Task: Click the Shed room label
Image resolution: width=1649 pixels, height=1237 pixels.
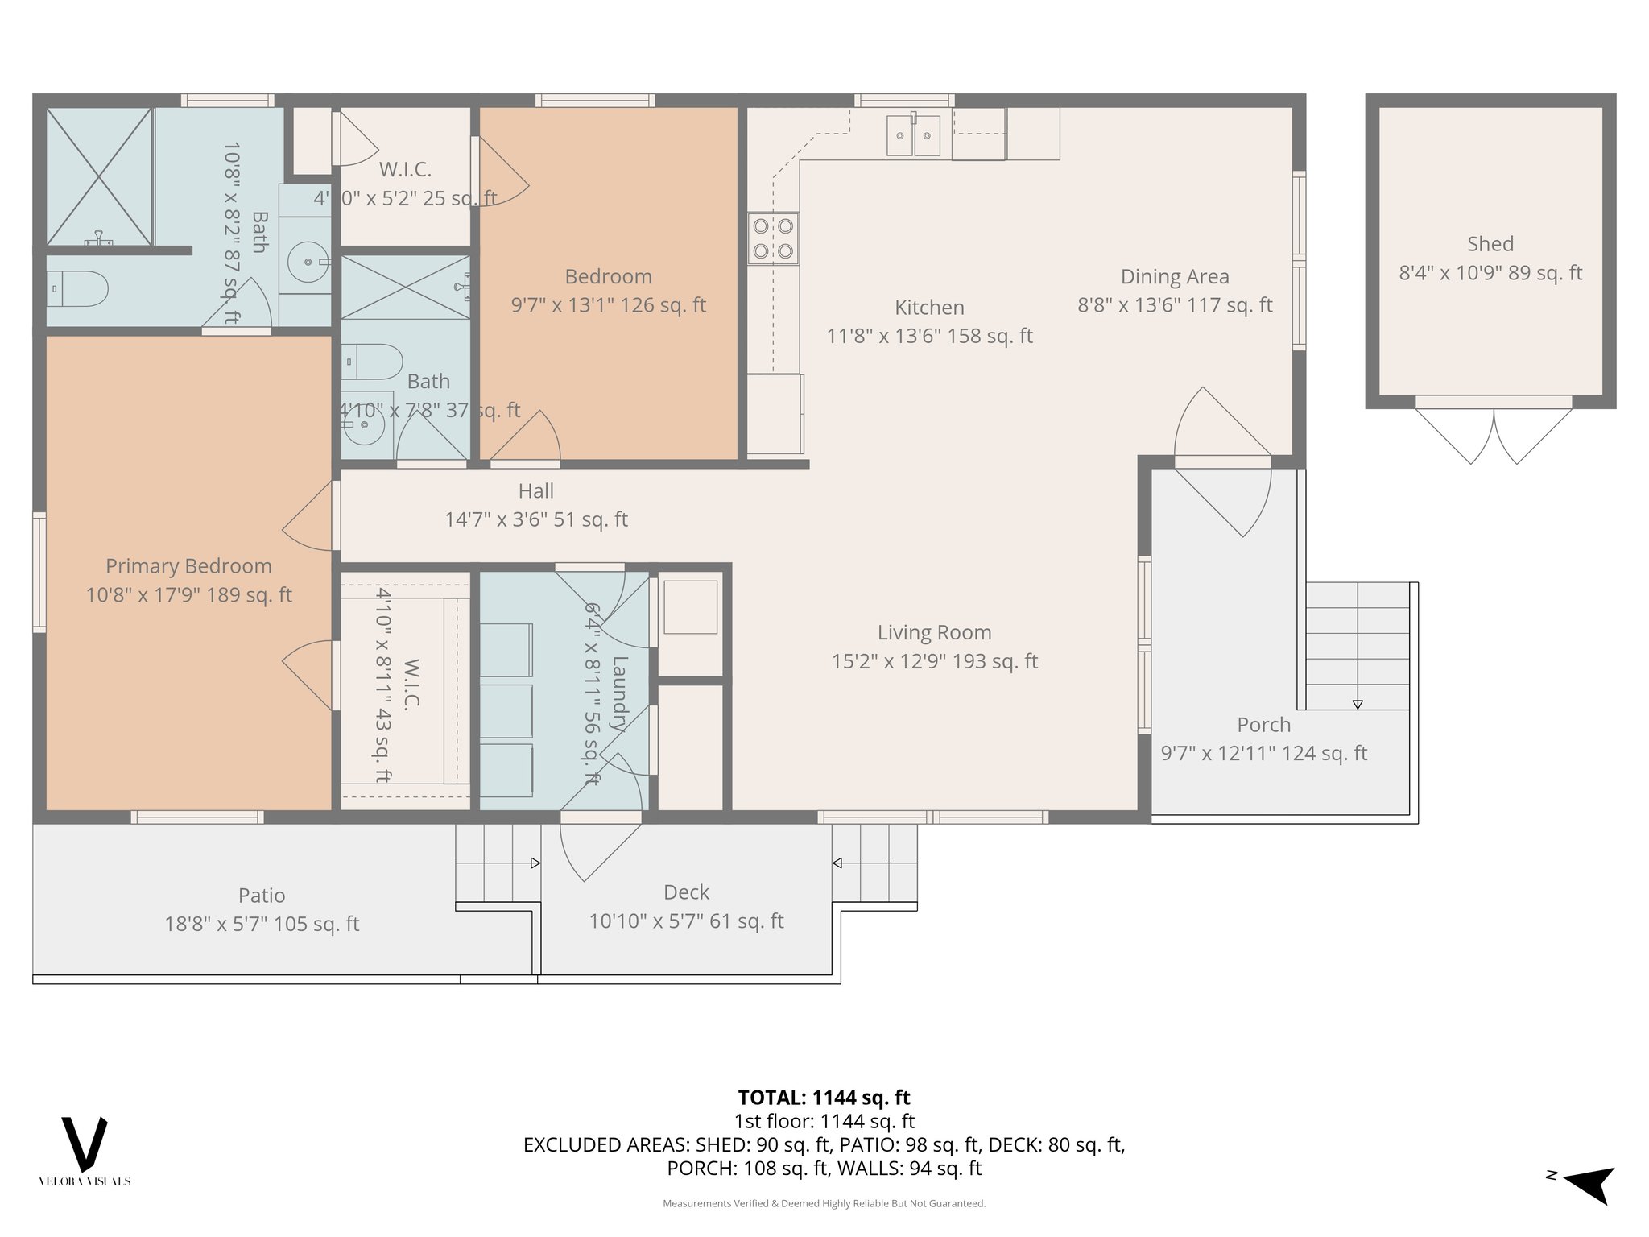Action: coord(1490,244)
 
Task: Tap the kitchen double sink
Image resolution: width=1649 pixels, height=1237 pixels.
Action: coord(913,134)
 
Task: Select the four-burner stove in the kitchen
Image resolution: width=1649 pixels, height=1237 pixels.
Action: coord(773,238)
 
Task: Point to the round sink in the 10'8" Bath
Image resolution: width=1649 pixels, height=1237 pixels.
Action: coord(309,261)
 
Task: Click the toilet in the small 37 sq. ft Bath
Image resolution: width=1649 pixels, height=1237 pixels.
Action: coord(373,362)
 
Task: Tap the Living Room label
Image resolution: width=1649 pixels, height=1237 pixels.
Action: coord(934,633)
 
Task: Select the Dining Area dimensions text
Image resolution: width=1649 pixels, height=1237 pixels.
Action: coord(1175,305)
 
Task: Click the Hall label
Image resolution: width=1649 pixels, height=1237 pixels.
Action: coord(536,491)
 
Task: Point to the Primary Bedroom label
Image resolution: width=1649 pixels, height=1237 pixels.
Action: coord(188,566)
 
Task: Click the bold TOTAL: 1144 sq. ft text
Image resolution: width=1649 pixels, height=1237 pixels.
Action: coord(824,1098)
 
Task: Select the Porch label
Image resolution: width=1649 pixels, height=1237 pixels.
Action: coord(1263,725)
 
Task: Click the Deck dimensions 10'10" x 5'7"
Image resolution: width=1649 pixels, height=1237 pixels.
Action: coord(686,921)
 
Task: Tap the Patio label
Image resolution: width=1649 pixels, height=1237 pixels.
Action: coord(262,896)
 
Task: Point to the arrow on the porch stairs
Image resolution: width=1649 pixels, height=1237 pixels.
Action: coord(1358,703)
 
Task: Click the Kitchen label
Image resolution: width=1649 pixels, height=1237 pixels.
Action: coord(929,308)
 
